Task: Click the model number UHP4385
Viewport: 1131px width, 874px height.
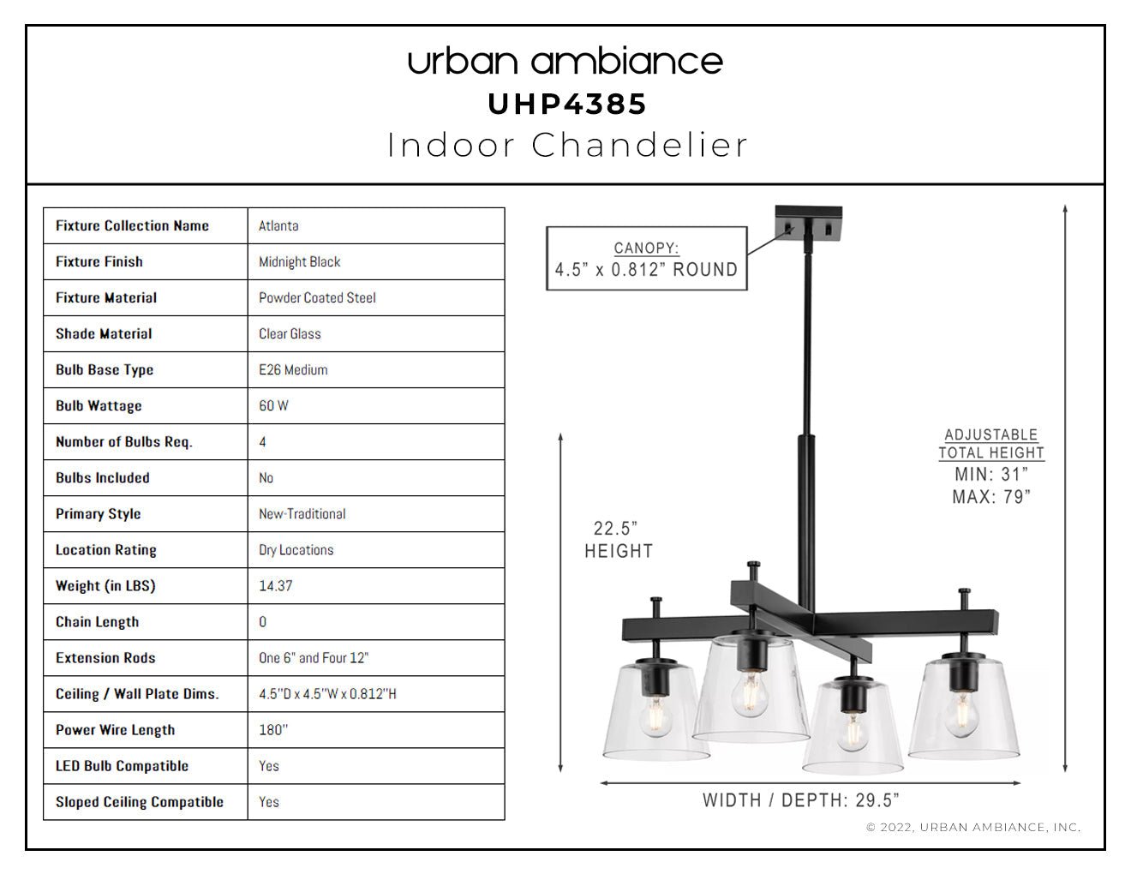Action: (x=567, y=104)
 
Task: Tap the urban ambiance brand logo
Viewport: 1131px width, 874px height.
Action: (x=565, y=62)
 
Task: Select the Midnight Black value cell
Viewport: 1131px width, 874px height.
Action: (x=376, y=262)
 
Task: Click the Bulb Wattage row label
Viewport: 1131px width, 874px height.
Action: (x=99, y=405)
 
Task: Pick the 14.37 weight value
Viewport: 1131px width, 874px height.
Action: (x=275, y=585)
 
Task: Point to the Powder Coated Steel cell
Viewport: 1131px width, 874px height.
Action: (x=376, y=297)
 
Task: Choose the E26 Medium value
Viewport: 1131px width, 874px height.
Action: (x=293, y=369)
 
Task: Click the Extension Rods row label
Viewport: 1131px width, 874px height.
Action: (x=105, y=657)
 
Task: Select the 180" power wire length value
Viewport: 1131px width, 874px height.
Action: (x=273, y=729)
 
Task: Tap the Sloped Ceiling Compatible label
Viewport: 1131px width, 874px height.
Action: (x=140, y=802)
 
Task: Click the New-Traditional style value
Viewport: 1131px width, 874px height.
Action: (x=302, y=514)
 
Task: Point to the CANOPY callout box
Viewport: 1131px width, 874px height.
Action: (x=646, y=259)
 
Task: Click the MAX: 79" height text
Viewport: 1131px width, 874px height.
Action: (x=991, y=497)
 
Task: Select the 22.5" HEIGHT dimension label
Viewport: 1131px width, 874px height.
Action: (x=619, y=540)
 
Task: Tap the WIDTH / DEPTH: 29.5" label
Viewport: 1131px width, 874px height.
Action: (x=800, y=800)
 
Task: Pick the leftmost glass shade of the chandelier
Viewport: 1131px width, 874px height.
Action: (x=655, y=712)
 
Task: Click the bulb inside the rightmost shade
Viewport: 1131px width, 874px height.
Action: (x=962, y=715)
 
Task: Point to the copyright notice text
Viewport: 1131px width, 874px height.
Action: (x=973, y=827)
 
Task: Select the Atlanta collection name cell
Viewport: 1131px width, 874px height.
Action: (x=376, y=226)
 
